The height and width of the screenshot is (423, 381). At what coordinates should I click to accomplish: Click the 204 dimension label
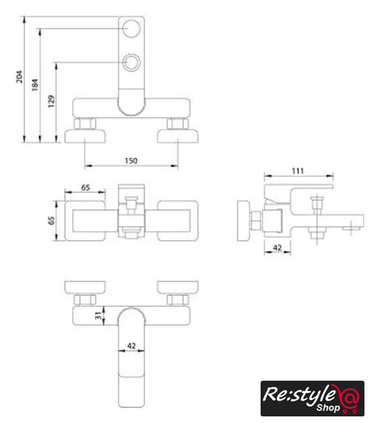[19, 77]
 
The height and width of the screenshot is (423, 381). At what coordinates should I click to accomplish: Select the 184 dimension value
[35, 85]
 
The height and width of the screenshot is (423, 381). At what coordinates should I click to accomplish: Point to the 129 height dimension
[51, 101]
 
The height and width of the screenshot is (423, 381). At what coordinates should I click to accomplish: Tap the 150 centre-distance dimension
[131, 161]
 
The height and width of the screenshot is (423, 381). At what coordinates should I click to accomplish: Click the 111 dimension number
[298, 171]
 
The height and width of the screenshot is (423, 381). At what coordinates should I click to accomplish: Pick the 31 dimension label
[99, 315]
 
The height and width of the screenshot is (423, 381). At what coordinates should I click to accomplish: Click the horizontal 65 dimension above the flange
[85, 188]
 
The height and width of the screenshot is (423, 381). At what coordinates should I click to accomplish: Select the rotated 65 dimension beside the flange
[51, 220]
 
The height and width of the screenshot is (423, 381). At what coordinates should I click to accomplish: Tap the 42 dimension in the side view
[277, 248]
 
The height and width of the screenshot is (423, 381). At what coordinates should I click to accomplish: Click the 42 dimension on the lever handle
[132, 346]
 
